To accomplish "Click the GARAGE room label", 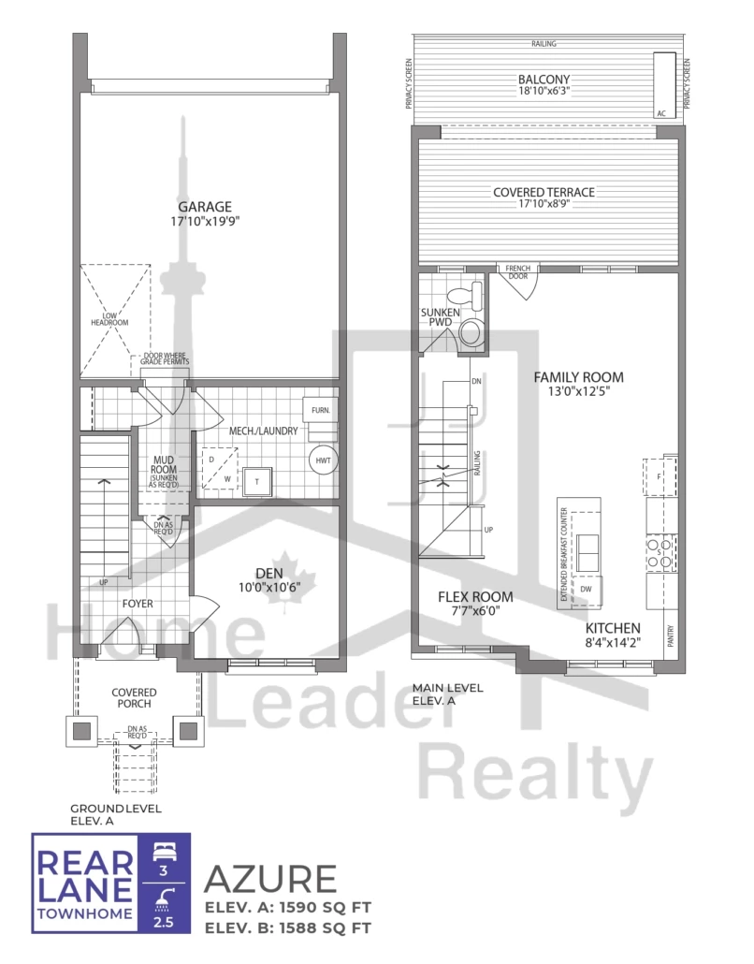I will coord(206,207).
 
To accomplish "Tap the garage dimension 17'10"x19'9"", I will coord(206,223).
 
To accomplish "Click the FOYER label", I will coord(137,604).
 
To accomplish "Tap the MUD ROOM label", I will coord(165,465).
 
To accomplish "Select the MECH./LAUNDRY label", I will coord(263,431).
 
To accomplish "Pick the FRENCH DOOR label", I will coord(517,272).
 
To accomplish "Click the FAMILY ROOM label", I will coord(578,377).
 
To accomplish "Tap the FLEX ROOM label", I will coord(475,596).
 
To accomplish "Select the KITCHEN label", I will coord(613,627).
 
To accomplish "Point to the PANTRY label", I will coord(671,636).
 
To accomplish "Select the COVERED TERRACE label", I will coord(544,192).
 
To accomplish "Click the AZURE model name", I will coord(270,880).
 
